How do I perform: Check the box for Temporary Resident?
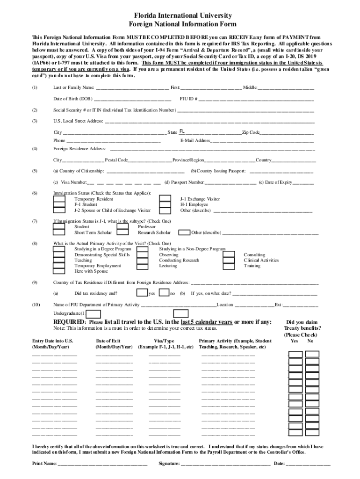59,199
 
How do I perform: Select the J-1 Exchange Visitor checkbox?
165,199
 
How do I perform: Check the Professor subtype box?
122,227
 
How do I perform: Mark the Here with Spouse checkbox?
59,271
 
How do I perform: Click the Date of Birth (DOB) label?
73,99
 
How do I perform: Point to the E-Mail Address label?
195,140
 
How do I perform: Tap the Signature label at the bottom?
169,464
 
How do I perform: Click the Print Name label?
44,464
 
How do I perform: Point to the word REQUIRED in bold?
69,322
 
